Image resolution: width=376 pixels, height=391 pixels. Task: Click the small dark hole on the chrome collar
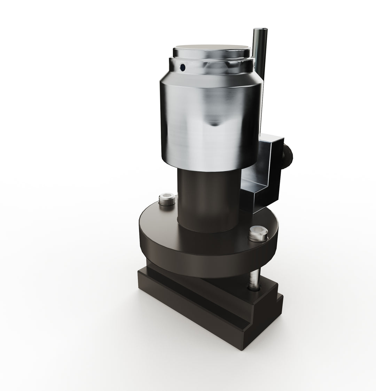point(182,67)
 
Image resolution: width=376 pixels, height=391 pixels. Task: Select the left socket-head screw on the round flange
point(167,200)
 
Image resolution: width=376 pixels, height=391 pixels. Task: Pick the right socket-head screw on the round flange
point(258,234)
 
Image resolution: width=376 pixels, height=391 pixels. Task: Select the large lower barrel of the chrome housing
point(209,132)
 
